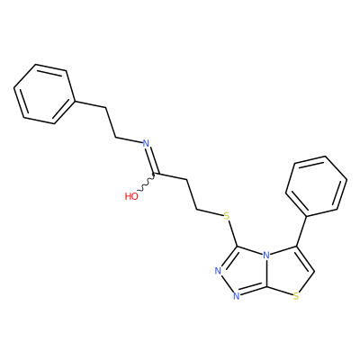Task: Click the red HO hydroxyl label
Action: click(x=131, y=196)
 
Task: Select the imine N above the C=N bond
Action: click(x=146, y=143)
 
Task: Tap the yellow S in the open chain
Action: click(x=227, y=215)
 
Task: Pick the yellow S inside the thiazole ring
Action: click(x=296, y=297)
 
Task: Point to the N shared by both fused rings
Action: click(x=266, y=256)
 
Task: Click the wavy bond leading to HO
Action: click(x=146, y=184)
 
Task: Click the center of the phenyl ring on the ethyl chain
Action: click(x=44, y=94)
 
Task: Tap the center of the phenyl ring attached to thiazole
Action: click(x=317, y=186)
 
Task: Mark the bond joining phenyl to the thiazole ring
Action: click(x=301, y=231)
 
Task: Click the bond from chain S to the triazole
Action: click(x=233, y=234)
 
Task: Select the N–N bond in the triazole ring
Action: click(x=227, y=283)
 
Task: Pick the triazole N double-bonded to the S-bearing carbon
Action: click(x=218, y=271)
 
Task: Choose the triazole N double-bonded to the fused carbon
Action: click(x=236, y=296)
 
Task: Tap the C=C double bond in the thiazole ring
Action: click(x=304, y=260)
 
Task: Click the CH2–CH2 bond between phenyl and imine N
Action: click(x=111, y=122)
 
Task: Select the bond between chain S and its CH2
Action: click(x=210, y=211)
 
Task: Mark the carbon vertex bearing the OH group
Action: click(x=156, y=174)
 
